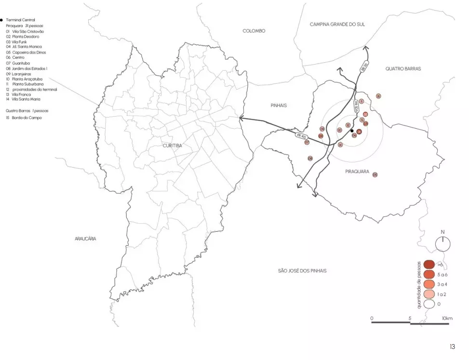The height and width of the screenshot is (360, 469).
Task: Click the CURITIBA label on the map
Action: tap(172, 145)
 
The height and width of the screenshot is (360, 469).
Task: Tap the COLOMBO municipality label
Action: tap(254, 31)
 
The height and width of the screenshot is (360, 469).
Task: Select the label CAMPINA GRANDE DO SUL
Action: tap(337, 24)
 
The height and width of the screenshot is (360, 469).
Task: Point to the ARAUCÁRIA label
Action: tap(85, 239)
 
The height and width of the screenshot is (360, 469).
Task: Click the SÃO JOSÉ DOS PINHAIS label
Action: tap(302, 271)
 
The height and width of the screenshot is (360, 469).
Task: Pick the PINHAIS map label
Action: tap(279, 104)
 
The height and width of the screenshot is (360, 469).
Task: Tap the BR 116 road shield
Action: tap(364, 67)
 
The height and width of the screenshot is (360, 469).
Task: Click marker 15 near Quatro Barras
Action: tap(378, 96)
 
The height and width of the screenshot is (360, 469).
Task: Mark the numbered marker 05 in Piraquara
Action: tap(375, 174)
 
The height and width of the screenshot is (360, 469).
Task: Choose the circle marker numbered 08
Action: tap(310, 158)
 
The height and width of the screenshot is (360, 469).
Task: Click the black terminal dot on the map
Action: tap(352, 131)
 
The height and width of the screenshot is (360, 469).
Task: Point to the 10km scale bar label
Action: tap(447, 319)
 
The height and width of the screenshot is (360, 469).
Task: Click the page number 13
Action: tap(452, 347)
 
